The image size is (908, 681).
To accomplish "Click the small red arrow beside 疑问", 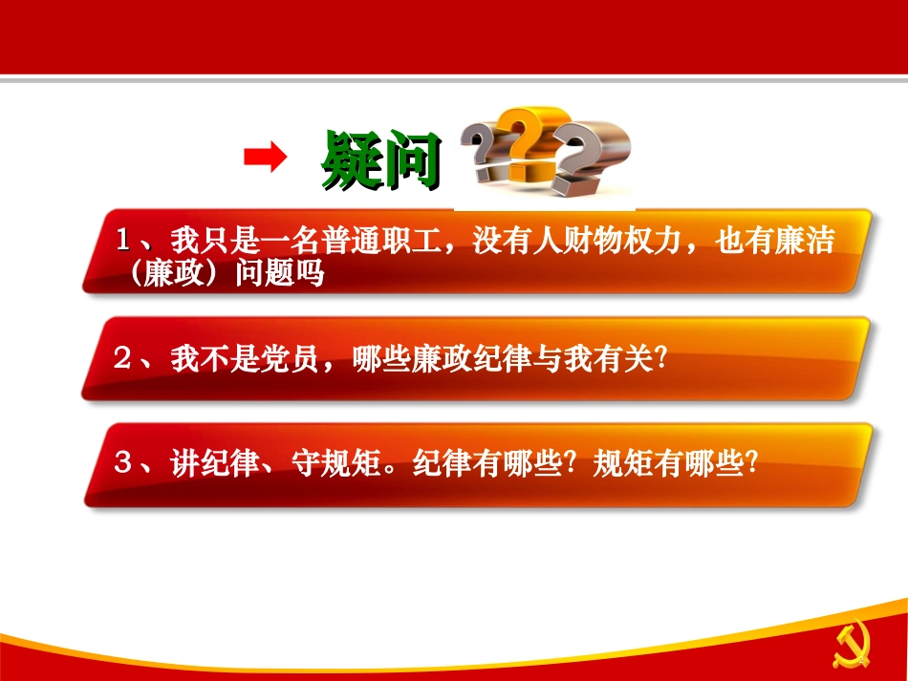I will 265,157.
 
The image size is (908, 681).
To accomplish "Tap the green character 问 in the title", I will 412,159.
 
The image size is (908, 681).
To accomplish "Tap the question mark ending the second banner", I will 659,360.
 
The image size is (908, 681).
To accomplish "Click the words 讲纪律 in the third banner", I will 216,464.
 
